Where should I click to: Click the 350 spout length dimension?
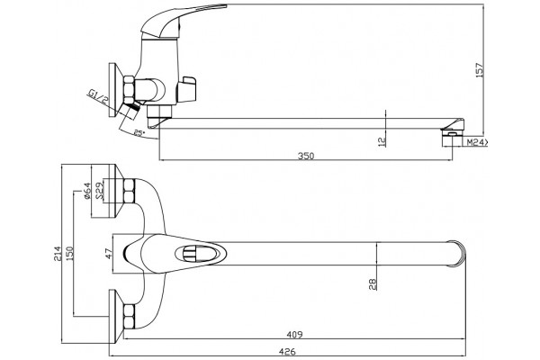click(306, 156)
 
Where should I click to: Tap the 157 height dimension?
click(480, 70)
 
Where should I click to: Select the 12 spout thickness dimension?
click(382, 141)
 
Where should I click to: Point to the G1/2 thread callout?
click(98, 96)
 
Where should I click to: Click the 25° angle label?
click(139, 133)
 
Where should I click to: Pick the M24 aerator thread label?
click(477, 142)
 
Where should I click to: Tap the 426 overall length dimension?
click(287, 351)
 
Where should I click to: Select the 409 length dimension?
click(294, 334)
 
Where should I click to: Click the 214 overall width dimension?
click(58, 254)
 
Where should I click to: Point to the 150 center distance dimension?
click(70, 253)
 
